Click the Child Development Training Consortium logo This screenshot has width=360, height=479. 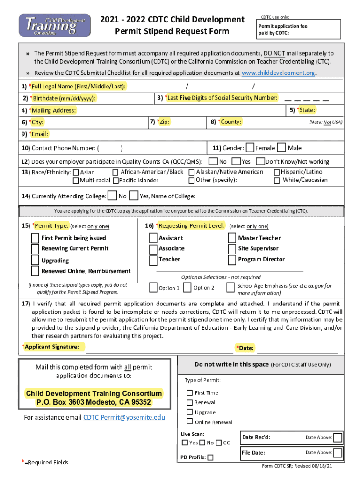tap(54, 24)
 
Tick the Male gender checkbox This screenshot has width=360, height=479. tap(281, 148)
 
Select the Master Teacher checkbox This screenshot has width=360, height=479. tap(232, 238)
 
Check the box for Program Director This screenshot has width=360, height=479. tap(232, 260)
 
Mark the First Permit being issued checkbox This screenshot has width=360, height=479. tap(35, 238)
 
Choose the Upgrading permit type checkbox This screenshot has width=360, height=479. tap(35, 260)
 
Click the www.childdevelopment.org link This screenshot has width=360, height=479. tap(278, 73)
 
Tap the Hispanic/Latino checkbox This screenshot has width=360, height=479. tap(277, 172)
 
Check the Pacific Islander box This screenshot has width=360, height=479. tap(116, 181)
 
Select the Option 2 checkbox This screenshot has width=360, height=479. tap(187, 287)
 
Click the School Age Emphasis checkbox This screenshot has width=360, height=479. tap(230, 287)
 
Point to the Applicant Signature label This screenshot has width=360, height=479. tap(52, 347)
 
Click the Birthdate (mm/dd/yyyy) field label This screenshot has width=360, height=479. tap(63, 98)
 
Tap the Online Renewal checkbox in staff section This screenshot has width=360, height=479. tap(190, 422)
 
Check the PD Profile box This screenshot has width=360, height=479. tap(210, 457)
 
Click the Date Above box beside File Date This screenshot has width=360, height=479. tap(338, 452)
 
